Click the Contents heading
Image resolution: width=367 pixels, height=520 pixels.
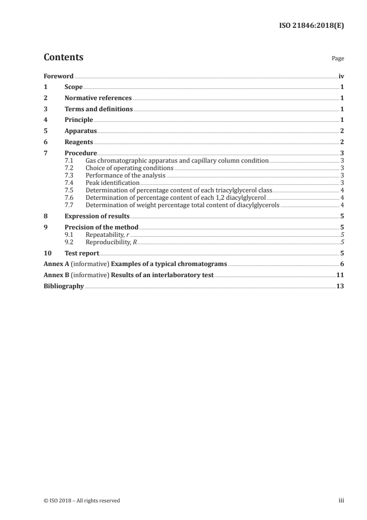tap(63, 57)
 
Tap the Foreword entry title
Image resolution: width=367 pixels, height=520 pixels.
tap(58, 76)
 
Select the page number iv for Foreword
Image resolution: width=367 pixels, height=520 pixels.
tap(341, 76)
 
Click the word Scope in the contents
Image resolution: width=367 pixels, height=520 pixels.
tap(74, 87)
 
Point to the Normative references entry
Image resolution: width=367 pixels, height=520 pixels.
tap(98, 98)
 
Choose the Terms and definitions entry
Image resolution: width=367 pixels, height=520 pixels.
tap(99, 109)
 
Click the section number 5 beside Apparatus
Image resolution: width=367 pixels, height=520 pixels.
tap(45, 131)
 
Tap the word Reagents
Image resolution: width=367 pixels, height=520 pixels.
tap(79, 142)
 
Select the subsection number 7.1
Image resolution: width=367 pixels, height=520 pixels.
tap(69, 160)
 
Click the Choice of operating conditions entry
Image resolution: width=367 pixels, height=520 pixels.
tap(129, 168)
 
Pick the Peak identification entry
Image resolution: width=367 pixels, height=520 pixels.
tap(112, 183)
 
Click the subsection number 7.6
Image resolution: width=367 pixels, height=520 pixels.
tap(69, 197)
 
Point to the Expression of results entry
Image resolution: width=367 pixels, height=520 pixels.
tap(97, 216)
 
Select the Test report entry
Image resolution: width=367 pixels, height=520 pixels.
tap(82, 253)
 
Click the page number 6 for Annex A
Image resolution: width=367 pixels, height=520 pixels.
tap(342, 264)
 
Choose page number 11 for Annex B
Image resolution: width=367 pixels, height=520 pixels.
tap(340, 275)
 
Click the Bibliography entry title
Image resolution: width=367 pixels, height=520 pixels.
tap(63, 286)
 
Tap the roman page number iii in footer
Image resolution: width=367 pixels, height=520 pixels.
tap(342, 501)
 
